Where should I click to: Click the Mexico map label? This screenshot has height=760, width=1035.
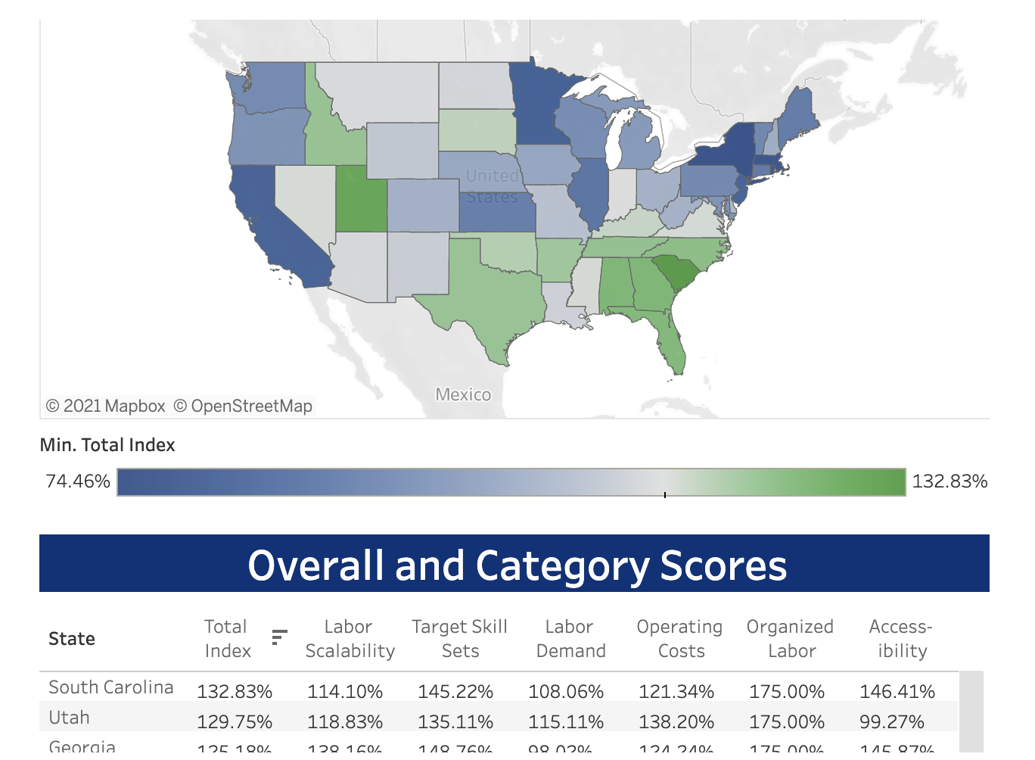[x=463, y=394]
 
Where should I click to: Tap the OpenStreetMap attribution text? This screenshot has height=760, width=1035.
[x=244, y=406]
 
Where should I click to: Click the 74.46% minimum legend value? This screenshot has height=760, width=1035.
[x=78, y=481]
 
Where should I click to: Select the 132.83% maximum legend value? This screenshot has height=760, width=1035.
[x=950, y=481]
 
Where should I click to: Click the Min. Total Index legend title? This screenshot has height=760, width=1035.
[x=107, y=445]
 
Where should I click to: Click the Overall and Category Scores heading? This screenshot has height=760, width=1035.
[x=517, y=565]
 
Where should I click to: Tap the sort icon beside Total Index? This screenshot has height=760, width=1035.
[x=279, y=637]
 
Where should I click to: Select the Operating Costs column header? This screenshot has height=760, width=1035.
[x=679, y=639]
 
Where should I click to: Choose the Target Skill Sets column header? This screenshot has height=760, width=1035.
[x=459, y=639]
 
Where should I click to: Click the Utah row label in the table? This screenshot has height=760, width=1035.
[x=70, y=717]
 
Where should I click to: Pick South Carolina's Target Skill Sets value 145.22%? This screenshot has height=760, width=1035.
[x=455, y=692]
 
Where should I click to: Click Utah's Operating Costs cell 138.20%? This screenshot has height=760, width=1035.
[x=676, y=722]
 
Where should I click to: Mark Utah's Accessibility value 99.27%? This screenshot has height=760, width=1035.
[x=892, y=722]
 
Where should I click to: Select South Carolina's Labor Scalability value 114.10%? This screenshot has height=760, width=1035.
[x=345, y=692]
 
